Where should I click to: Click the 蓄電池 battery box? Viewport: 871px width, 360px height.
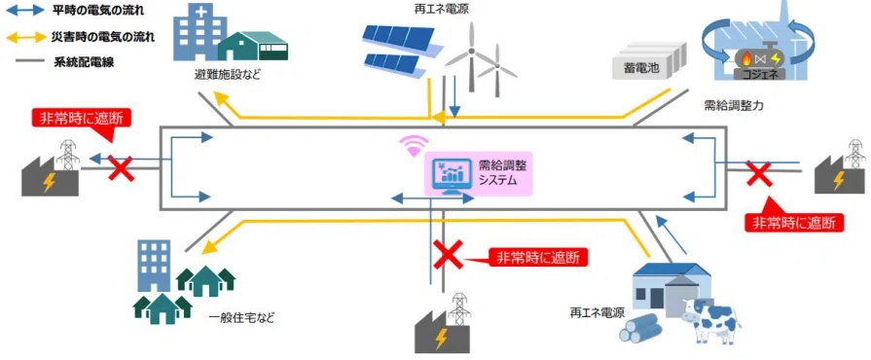click(x=649, y=60)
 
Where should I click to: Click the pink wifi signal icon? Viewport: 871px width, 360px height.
click(x=412, y=147)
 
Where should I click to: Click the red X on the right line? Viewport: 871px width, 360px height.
click(x=759, y=173)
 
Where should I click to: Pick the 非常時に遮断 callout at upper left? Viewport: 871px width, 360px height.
click(x=85, y=119)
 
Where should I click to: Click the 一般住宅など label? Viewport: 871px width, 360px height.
click(x=241, y=318)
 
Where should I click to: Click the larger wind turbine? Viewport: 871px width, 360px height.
click(x=472, y=55)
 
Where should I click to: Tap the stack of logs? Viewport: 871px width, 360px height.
click(x=639, y=327)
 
